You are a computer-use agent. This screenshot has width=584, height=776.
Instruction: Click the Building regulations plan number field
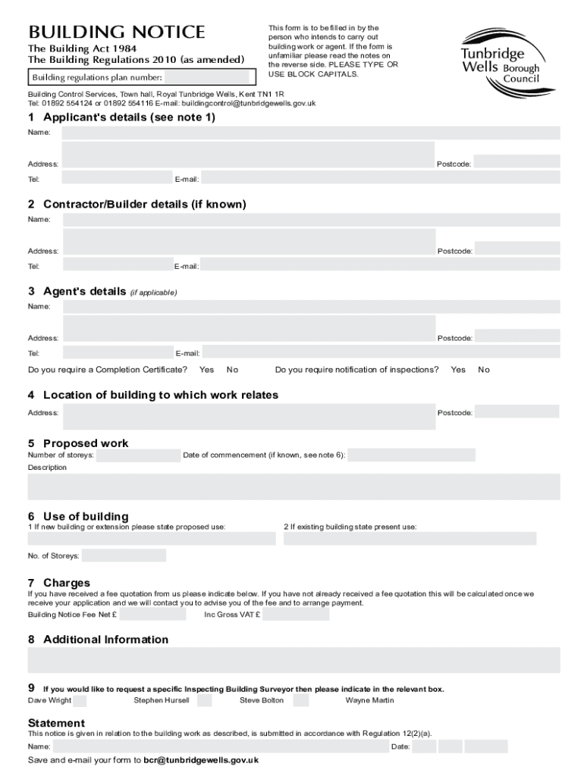pos(207,77)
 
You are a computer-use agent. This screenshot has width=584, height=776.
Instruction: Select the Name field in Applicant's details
pos(311,133)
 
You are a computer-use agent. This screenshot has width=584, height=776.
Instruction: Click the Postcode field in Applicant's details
pos(516,161)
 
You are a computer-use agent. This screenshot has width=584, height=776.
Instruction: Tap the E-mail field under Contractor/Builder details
pos(381,264)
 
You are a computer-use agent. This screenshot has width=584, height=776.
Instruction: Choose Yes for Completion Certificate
pos(206,370)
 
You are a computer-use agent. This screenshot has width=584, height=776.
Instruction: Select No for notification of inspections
pos(484,370)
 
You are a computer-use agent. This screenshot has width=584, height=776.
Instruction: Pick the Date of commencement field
pos(411,455)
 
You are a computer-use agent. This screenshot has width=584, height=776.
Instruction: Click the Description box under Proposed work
pos(294,487)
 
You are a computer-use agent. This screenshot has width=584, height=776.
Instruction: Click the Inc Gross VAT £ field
pos(296,614)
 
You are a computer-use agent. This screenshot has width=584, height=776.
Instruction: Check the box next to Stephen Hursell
pos(204,700)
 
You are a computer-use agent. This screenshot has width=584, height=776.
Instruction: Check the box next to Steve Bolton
pos(300,700)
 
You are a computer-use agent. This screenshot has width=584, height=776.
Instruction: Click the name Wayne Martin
pos(369,700)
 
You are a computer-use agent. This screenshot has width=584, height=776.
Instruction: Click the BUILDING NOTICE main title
pos(117,33)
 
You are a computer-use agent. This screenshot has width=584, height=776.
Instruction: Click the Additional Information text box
pos(294,660)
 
